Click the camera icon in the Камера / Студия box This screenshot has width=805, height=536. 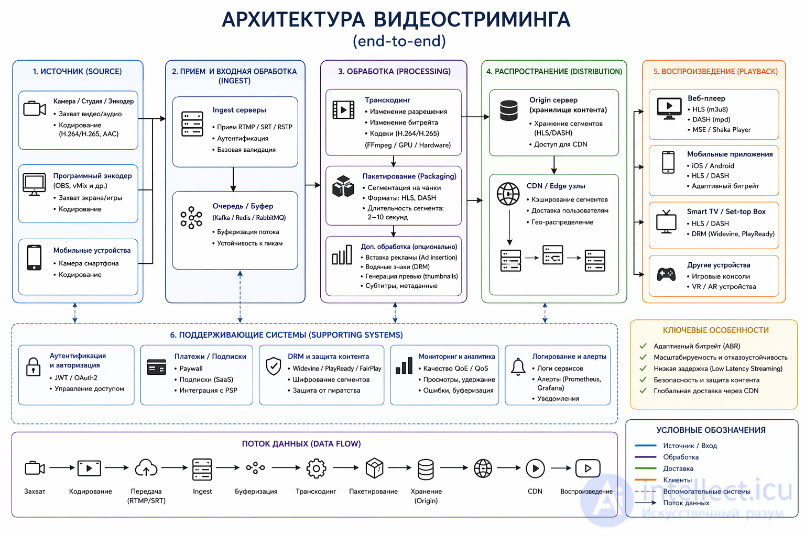[35, 108]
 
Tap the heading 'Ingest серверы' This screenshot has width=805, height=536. [239, 110]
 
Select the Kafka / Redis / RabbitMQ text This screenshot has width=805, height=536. [249, 218]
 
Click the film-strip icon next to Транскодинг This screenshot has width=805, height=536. [343, 109]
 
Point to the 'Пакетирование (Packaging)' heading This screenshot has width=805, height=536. [409, 176]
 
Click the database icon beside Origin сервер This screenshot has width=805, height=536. [508, 110]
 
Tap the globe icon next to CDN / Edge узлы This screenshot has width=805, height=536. [508, 194]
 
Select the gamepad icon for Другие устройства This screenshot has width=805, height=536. [666, 275]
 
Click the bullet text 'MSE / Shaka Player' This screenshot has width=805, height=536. [721, 130]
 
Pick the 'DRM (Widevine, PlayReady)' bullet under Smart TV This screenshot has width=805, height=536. [733, 233]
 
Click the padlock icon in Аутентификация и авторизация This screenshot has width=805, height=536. [34, 367]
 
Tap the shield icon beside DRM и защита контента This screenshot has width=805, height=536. [274, 366]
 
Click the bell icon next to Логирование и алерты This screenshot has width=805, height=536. [518, 366]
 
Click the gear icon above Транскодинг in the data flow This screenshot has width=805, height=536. [316, 468]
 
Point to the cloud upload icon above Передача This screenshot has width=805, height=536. [146, 468]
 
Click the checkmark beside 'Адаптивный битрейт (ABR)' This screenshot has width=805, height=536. [643, 346]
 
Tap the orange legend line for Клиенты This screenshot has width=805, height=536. [646, 479]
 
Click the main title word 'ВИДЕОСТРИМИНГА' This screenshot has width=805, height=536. [472, 19]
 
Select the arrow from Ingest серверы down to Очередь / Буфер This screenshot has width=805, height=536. [233, 179]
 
